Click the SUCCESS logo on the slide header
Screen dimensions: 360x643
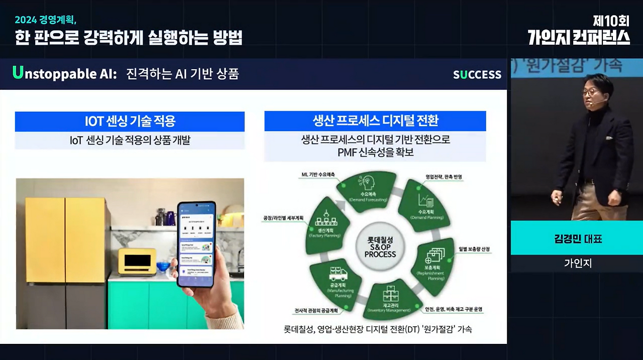[x=477, y=75]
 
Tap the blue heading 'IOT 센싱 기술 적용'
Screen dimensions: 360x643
[x=130, y=122]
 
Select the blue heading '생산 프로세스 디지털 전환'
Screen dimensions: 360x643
[x=375, y=121]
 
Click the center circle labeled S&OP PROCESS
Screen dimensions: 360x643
[x=380, y=247]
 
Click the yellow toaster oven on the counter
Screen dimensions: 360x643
[x=137, y=261]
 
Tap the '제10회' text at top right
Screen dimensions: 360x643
[x=610, y=21]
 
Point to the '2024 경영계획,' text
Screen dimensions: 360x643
[x=45, y=20]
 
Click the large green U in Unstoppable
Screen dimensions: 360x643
[x=18, y=73]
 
